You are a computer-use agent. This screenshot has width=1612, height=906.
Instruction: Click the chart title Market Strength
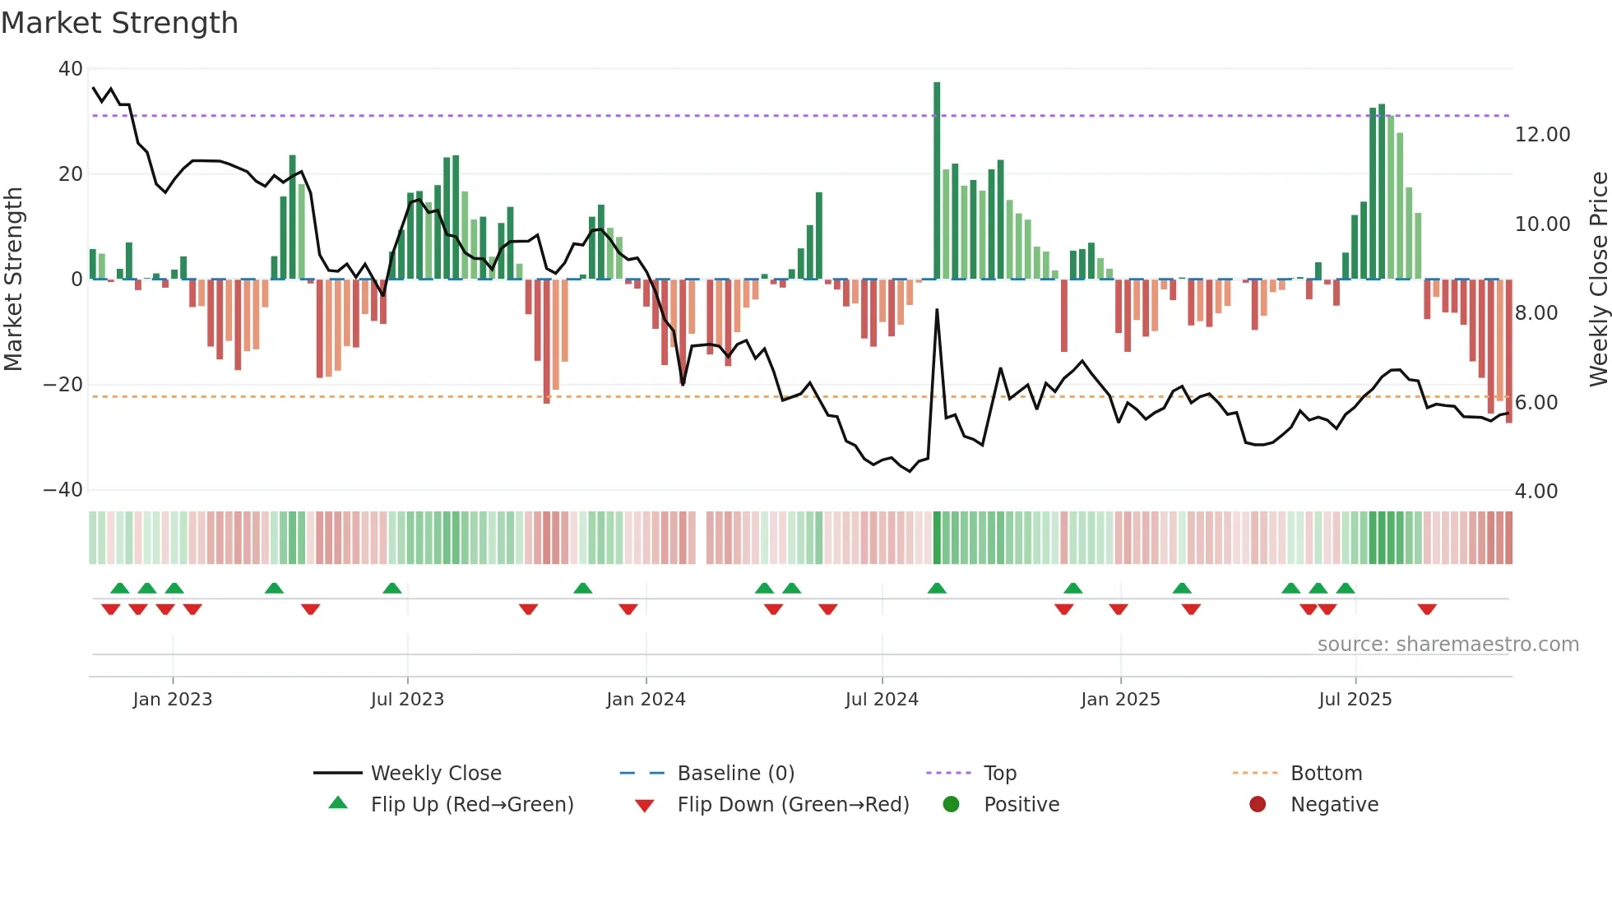point(119,23)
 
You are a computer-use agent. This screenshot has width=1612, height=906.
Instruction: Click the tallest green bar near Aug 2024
point(937,181)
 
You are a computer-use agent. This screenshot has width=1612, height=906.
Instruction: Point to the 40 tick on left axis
point(71,69)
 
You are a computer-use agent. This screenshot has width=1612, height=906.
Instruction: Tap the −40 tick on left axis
point(64,490)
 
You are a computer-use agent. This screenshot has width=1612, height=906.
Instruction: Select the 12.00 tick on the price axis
point(1542,135)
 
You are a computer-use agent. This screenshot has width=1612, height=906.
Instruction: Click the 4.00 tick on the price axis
point(1536,492)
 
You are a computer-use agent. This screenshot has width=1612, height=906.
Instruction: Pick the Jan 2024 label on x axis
point(646,700)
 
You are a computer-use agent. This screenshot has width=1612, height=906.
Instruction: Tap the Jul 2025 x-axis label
point(1355,700)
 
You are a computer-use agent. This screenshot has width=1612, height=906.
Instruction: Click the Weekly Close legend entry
point(436,774)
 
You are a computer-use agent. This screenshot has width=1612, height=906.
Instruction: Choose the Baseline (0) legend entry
point(735,774)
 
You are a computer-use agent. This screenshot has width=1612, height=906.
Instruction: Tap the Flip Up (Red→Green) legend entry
point(471,805)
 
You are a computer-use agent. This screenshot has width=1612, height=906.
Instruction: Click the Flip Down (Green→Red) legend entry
point(793,805)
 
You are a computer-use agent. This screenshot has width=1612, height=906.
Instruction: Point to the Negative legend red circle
point(1258,805)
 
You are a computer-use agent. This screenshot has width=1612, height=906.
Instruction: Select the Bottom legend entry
point(1326,774)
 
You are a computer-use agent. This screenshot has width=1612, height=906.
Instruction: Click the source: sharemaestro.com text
point(1448,645)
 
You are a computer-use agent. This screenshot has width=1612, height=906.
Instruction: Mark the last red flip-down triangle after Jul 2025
point(1427,609)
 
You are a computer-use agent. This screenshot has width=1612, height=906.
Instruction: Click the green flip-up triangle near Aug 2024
point(937,588)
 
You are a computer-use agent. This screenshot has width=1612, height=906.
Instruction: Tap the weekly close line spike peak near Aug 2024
point(937,311)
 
